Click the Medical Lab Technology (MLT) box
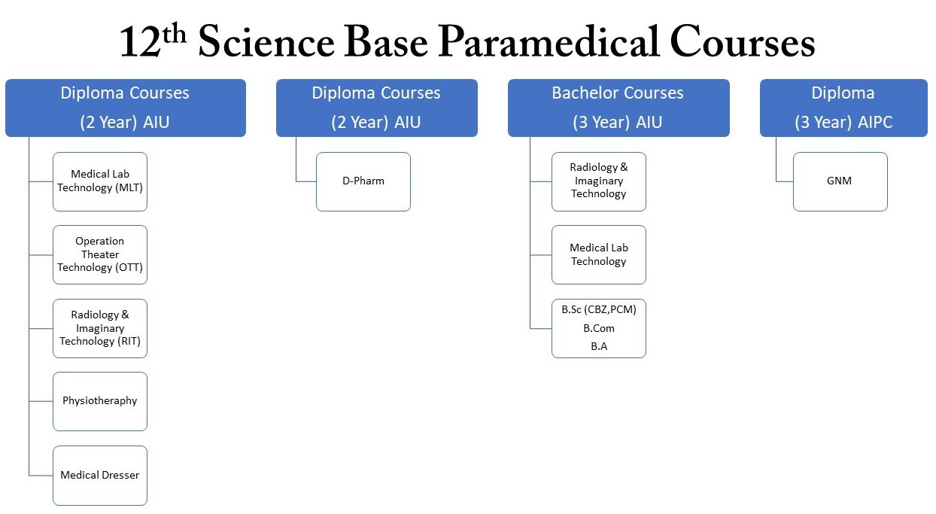tap(100, 181)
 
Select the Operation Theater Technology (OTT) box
tap(100, 254)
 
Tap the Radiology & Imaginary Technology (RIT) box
tap(100, 328)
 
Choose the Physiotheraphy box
tap(100, 401)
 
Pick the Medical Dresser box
tap(100, 475)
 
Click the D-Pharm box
tap(363, 181)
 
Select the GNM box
tap(840, 181)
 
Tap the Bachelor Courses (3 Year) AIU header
tap(618, 108)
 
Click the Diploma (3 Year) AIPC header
tap(843, 108)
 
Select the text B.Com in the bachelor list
tap(599, 328)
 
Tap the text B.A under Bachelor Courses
tap(599, 347)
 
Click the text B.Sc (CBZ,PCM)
tap(599, 309)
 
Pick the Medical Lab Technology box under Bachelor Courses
tap(599, 254)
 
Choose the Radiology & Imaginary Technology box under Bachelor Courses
tap(599, 181)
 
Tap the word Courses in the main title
tap(743, 44)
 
